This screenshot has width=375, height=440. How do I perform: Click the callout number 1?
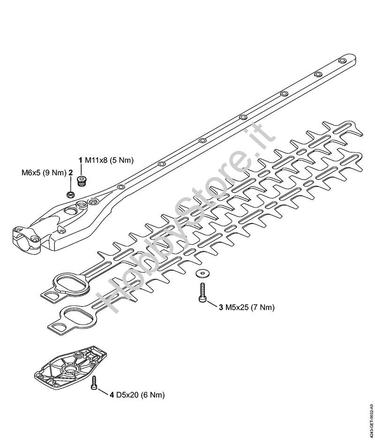81,160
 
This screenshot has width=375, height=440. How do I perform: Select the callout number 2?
70,172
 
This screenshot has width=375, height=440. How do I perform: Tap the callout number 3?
221,307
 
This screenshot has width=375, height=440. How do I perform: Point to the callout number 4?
112,395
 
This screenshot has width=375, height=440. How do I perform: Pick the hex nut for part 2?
70,194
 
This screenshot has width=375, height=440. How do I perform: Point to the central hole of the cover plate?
73,370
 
